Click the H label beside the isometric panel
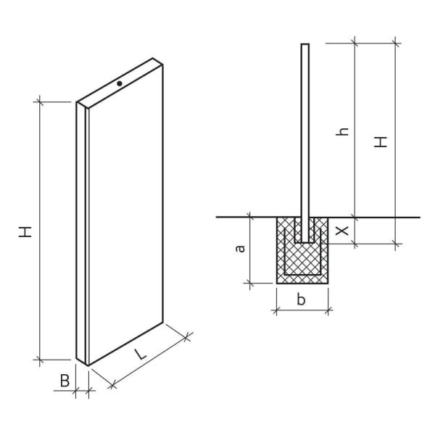[x=26, y=232]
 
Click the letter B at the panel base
[x=65, y=380]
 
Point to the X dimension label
[x=344, y=231]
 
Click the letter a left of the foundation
[x=241, y=249]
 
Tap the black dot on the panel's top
[x=120, y=83]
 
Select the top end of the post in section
[x=304, y=45]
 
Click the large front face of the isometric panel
[x=125, y=217]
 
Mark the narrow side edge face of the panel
[x=81, y=232]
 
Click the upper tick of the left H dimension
[x=40, y=102]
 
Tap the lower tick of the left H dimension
[x=40, y=359]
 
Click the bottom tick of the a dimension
[x=249, y=283]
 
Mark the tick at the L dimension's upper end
[x=188, y=336]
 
